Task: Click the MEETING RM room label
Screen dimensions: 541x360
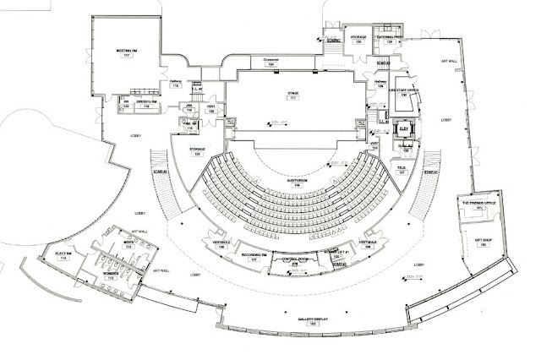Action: (x=128, y=51)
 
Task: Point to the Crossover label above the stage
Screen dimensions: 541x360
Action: (x=270, y=59)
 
